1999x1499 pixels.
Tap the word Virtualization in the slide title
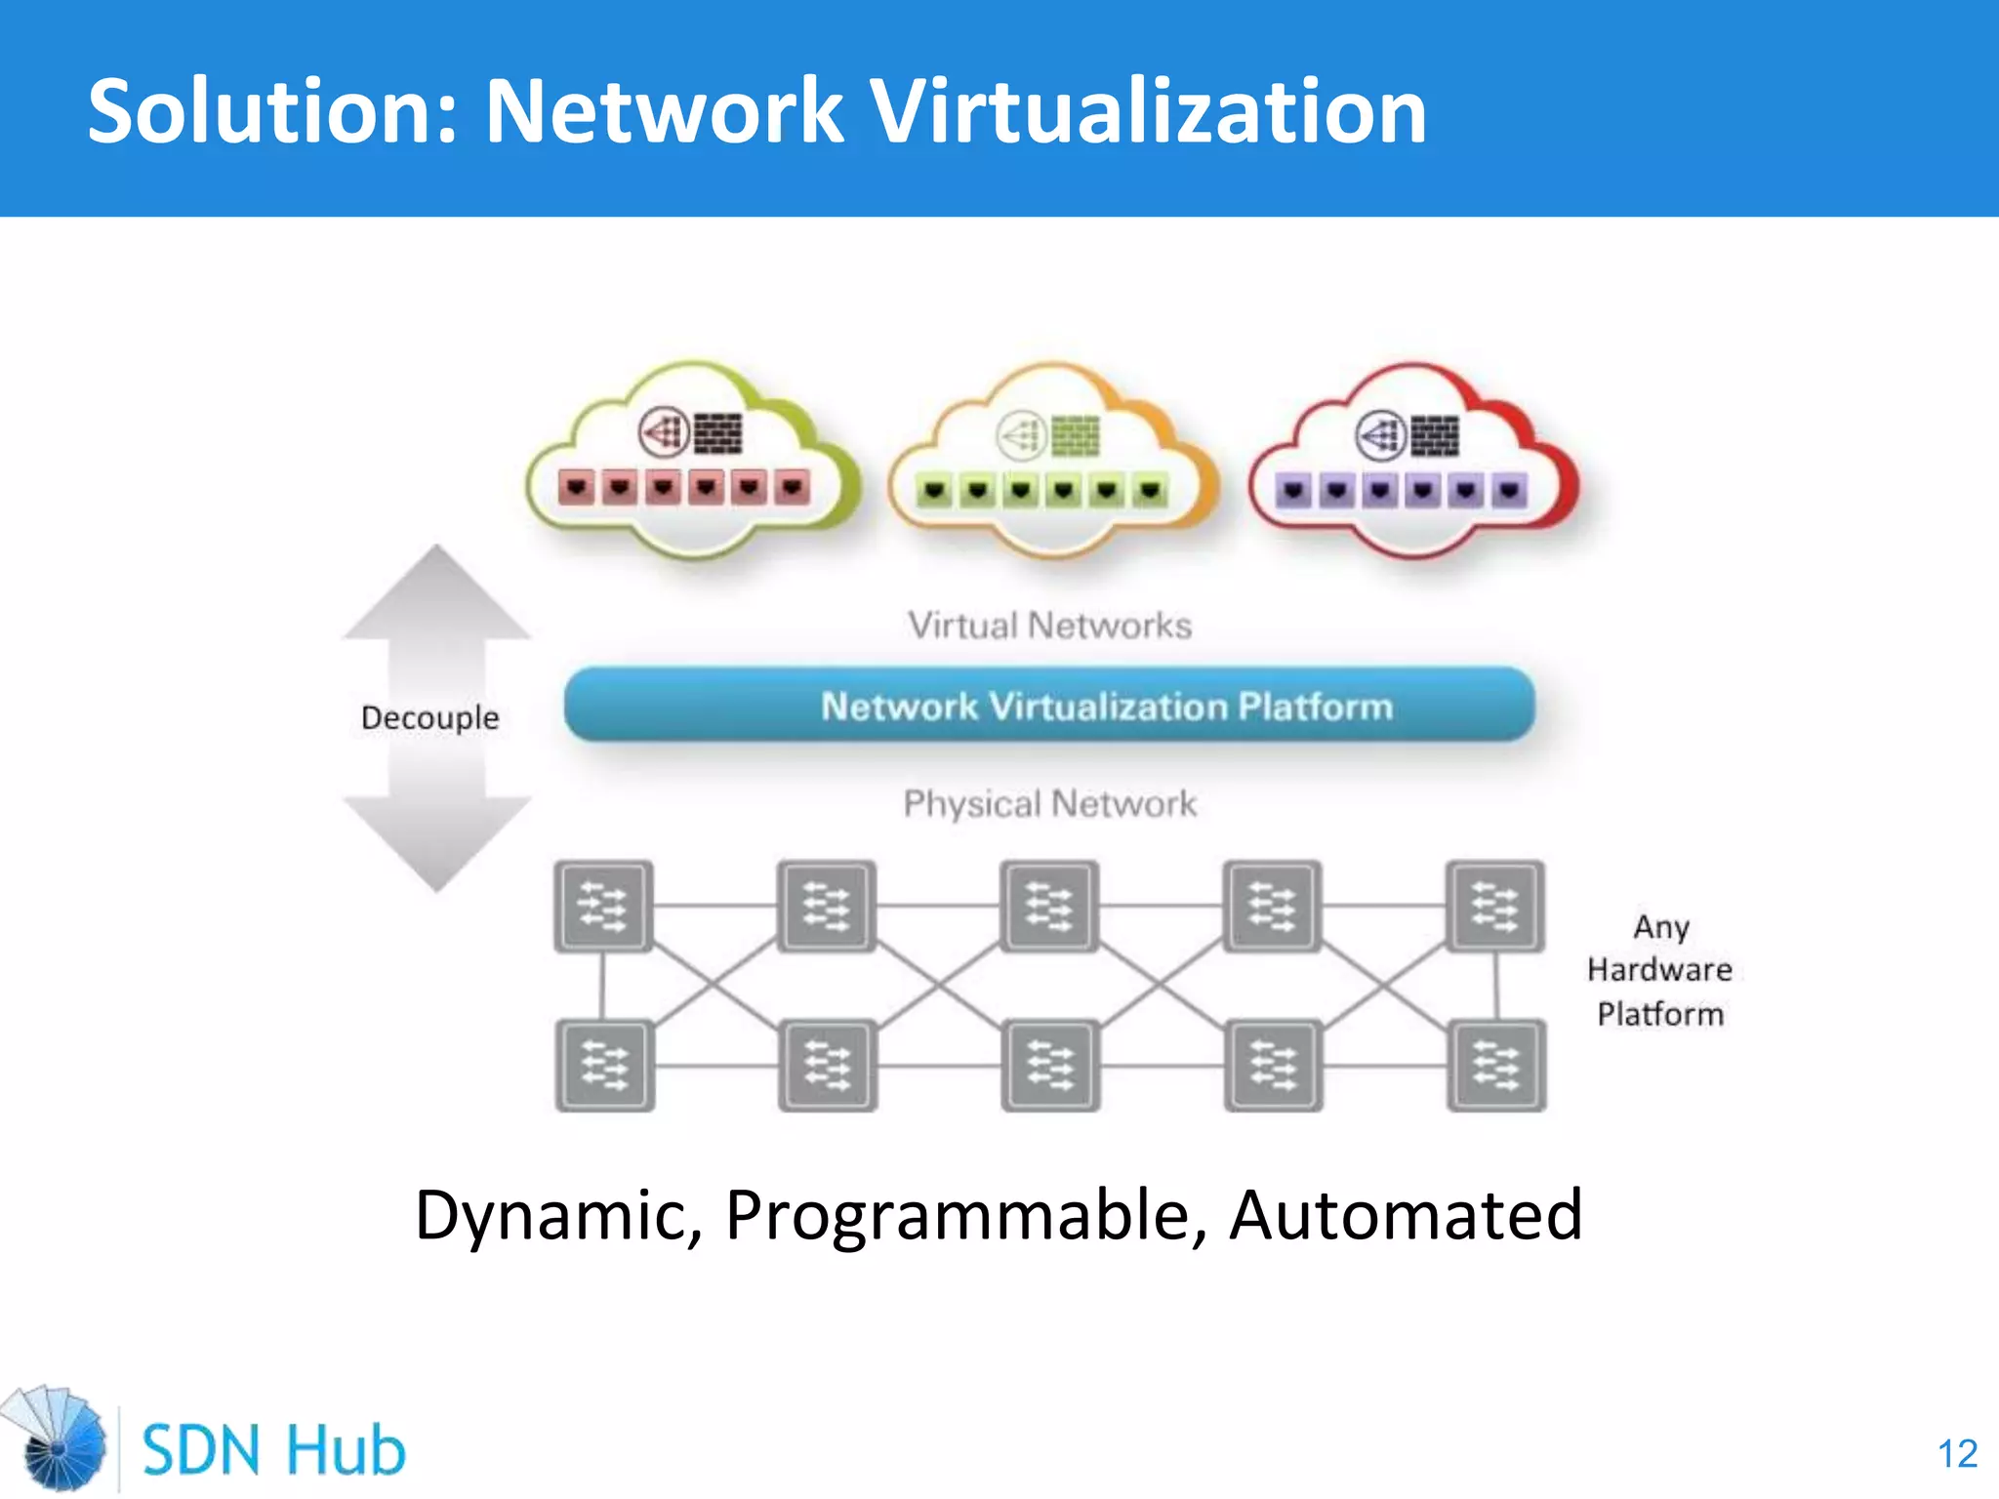(1148, 111)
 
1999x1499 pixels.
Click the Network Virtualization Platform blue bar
(1049, 705)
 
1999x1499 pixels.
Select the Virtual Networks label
(1049, 626)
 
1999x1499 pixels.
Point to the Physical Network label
(1049, 804)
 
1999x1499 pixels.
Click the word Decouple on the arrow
(429, 718)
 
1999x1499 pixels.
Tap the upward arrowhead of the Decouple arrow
(436, 591)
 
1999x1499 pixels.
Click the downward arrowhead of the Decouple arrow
(436, 844)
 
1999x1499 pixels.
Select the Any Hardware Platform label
(1660, 970)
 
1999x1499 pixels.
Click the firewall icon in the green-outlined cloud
(717, 433)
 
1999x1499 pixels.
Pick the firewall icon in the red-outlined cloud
(1435, 435)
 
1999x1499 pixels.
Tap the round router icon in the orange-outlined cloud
(1021, 435)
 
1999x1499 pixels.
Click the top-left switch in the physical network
(603, 906)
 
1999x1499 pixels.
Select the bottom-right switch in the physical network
(1496, 1065)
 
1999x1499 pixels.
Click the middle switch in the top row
(1049, 906)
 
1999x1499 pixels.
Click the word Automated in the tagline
(1406, 1214)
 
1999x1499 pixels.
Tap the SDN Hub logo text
(273, 1449)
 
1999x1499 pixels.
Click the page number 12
(1957, 1454)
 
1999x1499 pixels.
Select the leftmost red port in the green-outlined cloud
(577, 486)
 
